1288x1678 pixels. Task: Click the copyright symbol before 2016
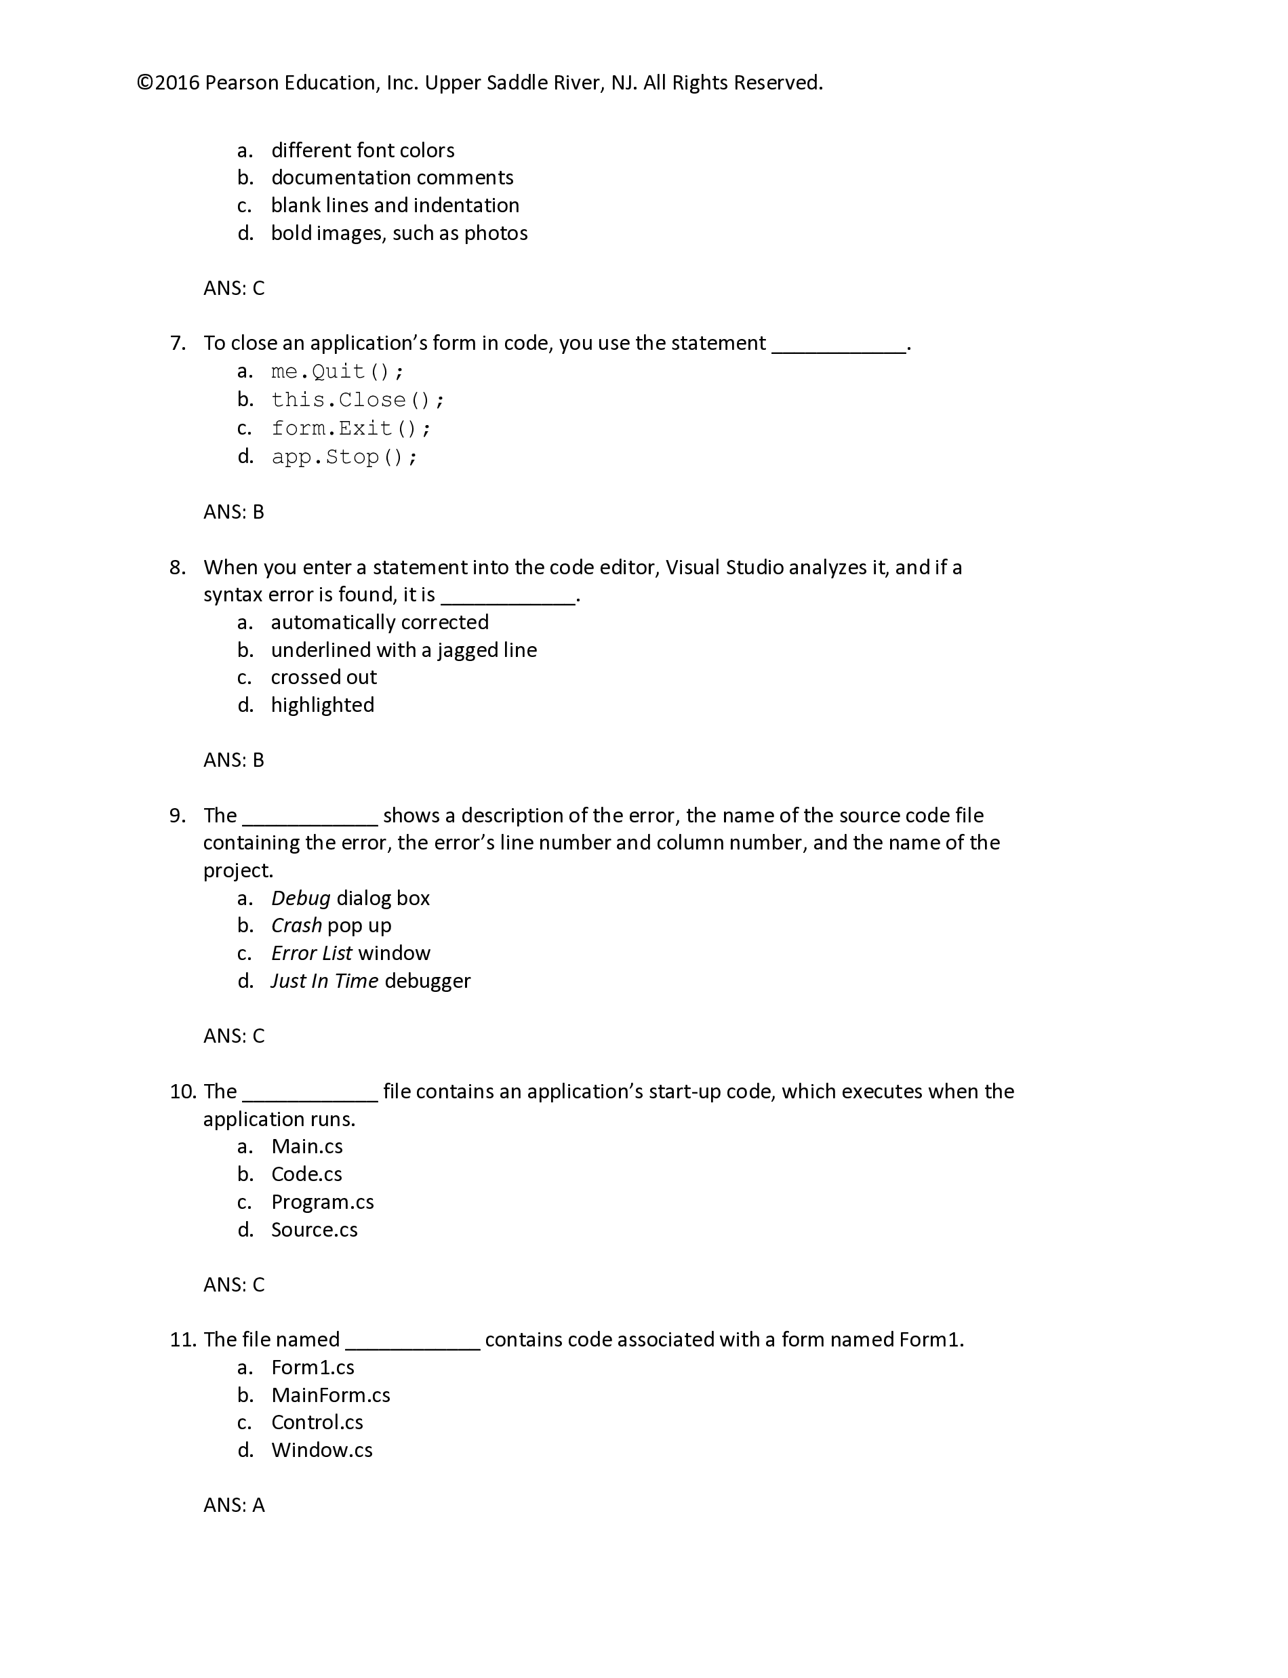point(146,83)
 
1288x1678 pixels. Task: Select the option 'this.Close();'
point(357,400)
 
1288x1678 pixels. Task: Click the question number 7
point(177,344)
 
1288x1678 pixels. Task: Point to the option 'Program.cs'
point(322,1202)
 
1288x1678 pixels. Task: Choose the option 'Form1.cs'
point(312,1367)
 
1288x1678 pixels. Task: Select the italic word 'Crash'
point(296,926)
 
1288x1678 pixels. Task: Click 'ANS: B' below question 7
point(234,512)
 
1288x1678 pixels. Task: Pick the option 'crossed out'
point(323,677)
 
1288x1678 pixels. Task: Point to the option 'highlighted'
point(322,705)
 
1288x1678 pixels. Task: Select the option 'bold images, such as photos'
point(399,233)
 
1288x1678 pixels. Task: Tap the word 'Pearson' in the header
point(241,83)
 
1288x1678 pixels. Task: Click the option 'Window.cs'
point(321,1450)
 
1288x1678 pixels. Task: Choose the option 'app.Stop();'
point(344,458)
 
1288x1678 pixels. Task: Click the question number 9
point(177,816)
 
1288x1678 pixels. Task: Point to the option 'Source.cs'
point(315,1230)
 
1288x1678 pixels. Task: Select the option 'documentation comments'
point(392,178)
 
